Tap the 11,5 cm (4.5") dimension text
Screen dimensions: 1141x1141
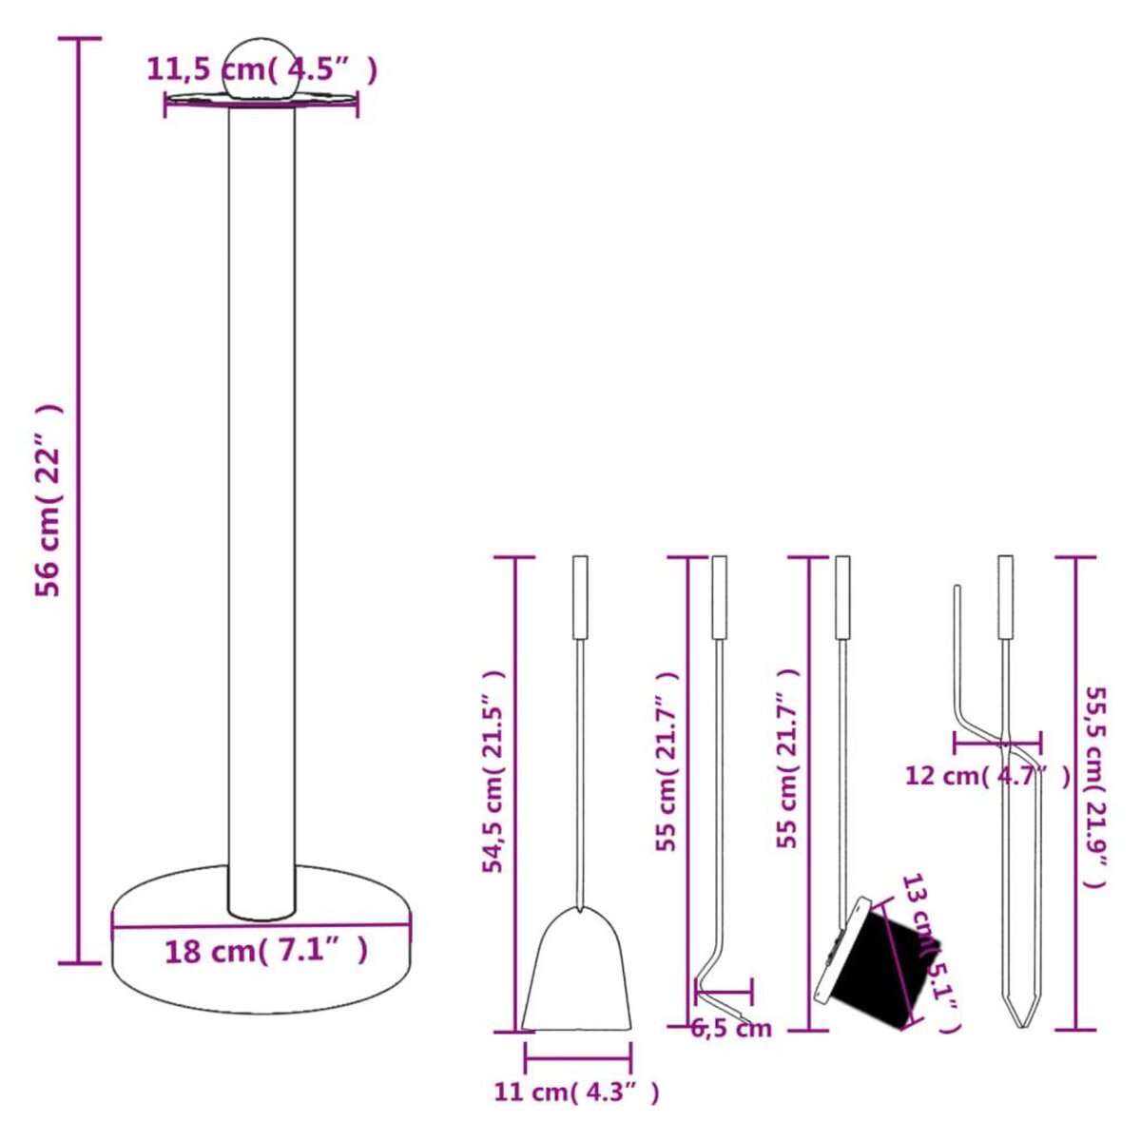click(261, 69)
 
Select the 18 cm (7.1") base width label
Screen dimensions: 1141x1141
click(265, 950)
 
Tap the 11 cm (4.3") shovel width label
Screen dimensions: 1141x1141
click(576, 1092)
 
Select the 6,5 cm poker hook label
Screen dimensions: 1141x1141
click(730, 1028)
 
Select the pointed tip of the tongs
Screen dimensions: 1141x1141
click(1022, 1017)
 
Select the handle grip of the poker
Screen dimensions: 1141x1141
click(720, 597)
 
